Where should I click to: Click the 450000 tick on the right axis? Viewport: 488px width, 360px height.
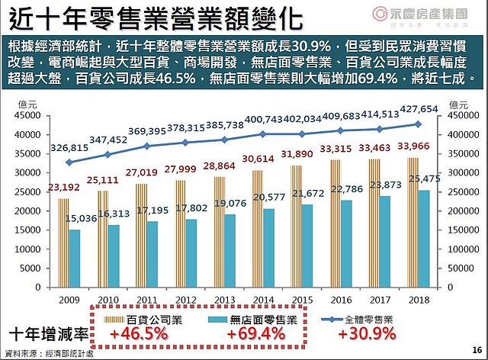[x=454, y=116]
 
